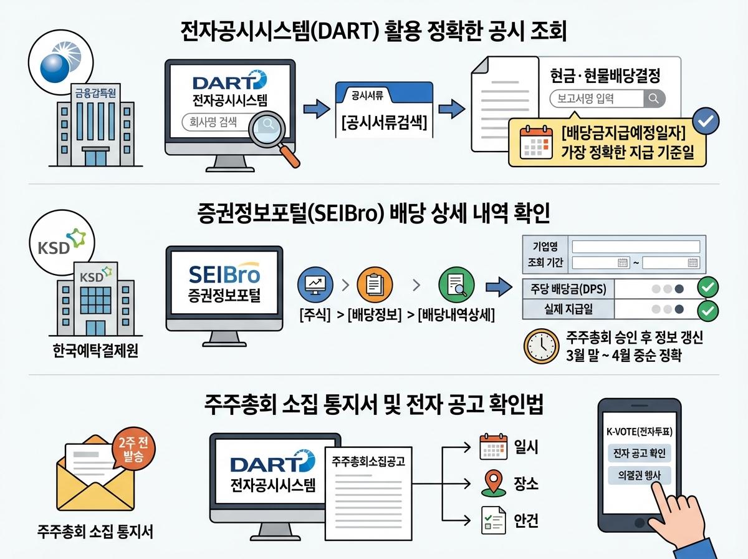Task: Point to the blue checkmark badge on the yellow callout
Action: [705, 120]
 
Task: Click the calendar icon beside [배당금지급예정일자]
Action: [536, 142]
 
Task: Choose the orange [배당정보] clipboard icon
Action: [375, 285]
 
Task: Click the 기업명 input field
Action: [636, 246]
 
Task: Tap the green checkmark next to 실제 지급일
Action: [707, 309]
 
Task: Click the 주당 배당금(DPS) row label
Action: [566, 288]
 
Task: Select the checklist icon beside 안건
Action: [492, 520]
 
